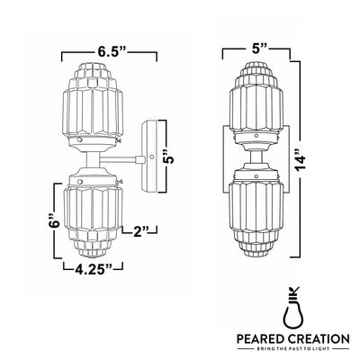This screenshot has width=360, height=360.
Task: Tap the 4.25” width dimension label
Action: click(94, 268)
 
